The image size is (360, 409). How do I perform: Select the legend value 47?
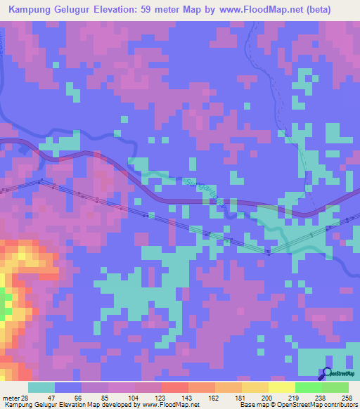tap(61, 397)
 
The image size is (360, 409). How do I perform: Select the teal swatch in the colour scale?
tap(41, 387)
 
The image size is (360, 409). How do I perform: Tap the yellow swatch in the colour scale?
tap(281, 387)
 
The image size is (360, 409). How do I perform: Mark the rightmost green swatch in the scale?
tap(335, 387)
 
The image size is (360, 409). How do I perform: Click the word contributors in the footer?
tap(340, 404)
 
